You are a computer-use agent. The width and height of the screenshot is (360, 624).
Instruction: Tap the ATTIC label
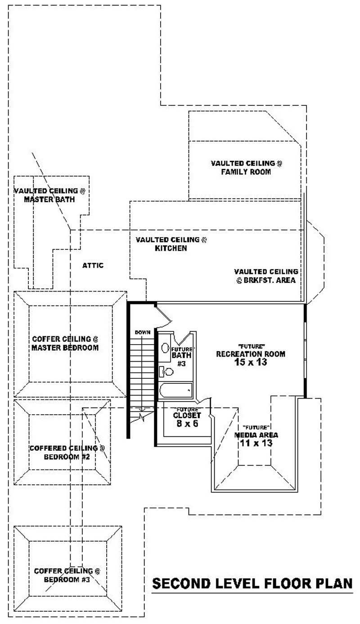(93, 265)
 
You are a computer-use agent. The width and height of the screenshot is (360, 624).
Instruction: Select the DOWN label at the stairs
(142, 332)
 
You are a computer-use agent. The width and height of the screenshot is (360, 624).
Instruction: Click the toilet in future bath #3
(167, 372)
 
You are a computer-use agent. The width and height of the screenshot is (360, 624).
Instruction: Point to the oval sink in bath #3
(165, 348)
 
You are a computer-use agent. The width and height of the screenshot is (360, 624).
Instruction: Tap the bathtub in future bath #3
(176, 390)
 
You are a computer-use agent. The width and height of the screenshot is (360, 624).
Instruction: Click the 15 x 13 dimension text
(251, 362)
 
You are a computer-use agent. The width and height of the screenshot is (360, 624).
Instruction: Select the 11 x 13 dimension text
(256, 444)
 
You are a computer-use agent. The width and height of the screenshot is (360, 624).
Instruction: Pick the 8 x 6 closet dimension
(187, 423)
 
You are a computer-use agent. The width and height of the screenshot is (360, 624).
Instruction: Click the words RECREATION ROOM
(251, 354)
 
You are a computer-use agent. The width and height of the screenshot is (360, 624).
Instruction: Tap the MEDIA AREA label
(256, 435)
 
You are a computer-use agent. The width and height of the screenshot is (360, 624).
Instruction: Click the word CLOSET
(187, 416)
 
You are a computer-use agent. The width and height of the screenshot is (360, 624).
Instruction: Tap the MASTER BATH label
(49, 199)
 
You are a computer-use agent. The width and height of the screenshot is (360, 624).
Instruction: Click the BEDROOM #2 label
(67, 457)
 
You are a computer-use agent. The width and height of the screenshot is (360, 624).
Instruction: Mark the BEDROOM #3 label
(67, 580)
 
